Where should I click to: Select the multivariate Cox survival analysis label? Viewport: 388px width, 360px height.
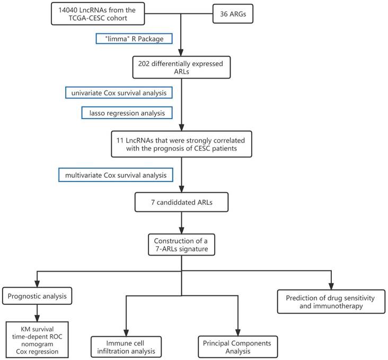pos(115,174)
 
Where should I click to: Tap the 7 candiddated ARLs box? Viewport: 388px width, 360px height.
pos(181,203)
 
